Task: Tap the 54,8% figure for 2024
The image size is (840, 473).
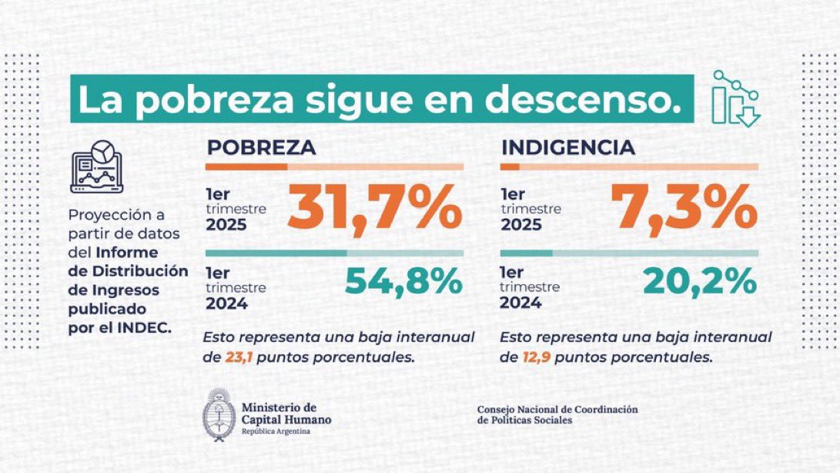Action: (x=403, y=283)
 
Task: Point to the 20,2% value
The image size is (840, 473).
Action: (x=699, y=283)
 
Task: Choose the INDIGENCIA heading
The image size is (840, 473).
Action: (x=567, y=148)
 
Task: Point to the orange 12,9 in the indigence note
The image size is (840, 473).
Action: (x=534, y=357)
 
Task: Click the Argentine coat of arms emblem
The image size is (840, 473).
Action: (x=219, y=414)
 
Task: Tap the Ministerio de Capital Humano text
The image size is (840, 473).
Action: (x=286, y=414)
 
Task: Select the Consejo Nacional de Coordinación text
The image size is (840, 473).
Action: (x=557, y=410)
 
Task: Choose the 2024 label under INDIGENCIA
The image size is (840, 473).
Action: (x=521, y=303)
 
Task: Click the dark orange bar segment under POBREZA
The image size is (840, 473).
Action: (x=246, y=166)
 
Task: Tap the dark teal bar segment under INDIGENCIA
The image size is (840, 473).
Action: (x=526, y=253)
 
